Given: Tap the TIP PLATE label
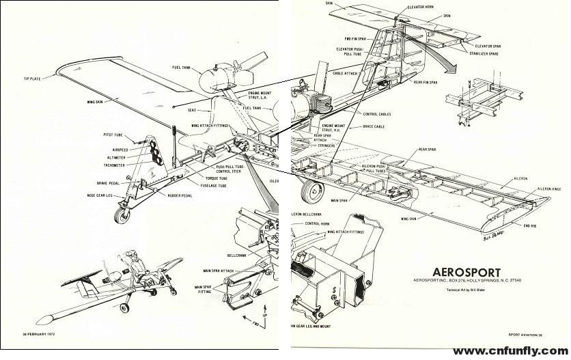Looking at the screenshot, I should (x=33, y=79).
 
